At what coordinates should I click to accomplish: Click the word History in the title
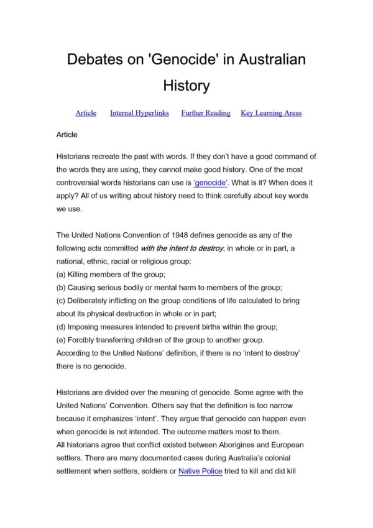pos(186,84)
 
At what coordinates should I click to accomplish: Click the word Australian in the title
pos(264,60)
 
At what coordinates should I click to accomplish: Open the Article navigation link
pos(86,113)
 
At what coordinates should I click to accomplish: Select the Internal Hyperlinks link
pos(139,113)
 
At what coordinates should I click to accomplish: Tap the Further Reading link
pos(206,113)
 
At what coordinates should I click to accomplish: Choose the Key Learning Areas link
pos(271,113)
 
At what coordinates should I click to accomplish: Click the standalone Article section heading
pos(67,134)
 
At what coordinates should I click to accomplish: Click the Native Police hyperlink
pos(200,471)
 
